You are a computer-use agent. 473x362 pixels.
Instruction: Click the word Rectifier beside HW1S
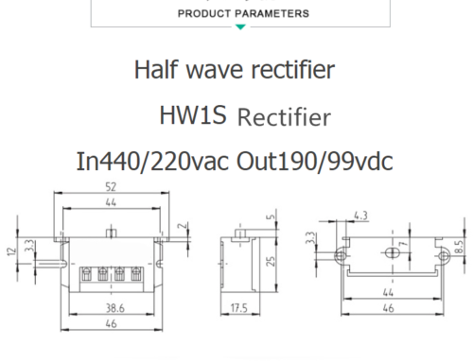point(284,118)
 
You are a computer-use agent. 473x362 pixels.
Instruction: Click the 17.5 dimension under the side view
point(238,308)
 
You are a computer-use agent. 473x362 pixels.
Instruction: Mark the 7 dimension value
point(401,247)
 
